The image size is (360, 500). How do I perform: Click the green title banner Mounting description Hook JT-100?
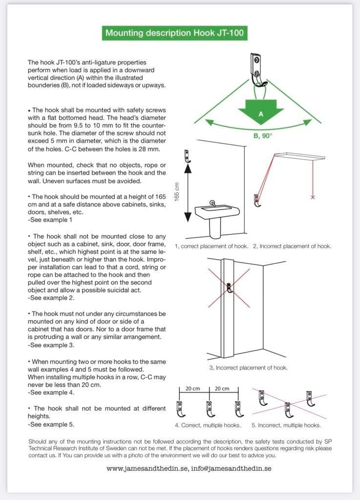click(174, 33)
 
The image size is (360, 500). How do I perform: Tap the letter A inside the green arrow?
click(261, 114)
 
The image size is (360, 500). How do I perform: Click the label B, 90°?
click(263, 136)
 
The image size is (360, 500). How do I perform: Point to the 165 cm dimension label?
click(177, 191)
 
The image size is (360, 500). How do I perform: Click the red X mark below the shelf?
click(313, 197)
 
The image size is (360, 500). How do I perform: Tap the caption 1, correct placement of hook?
click(212, 246)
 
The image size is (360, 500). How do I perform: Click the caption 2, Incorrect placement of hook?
click(292, 246)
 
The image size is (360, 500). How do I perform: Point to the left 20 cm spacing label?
click(192, 389)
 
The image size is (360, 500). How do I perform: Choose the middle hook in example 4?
click(210, 409)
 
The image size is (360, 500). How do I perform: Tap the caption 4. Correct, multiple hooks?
click(208, 425)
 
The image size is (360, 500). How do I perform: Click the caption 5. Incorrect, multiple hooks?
click(286, 425)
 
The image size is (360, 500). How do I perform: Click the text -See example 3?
click(51, 345)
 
